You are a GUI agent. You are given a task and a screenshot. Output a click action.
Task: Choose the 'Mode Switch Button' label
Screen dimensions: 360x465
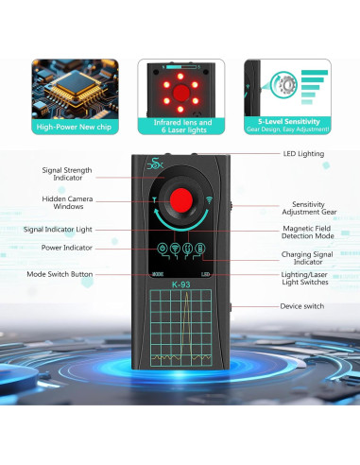pyautogui.click(x=61, y=274)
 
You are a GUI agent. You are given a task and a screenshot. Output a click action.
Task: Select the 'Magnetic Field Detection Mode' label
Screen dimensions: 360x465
pyautogui.click(x=312, y=233)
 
